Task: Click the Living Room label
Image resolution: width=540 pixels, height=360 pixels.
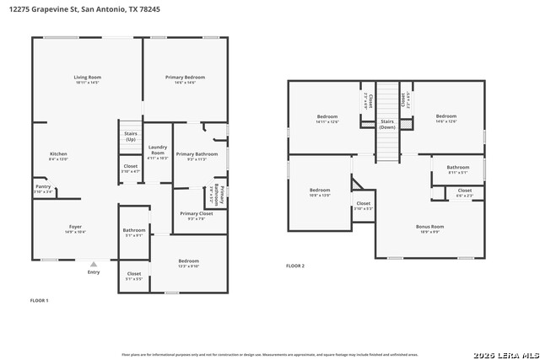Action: [x=87, y=78]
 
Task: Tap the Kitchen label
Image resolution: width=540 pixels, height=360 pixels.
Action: [x=58, y=154]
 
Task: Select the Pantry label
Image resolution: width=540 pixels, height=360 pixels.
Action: [x=42, y=187]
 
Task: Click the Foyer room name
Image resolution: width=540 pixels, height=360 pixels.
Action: [x=75, y=227]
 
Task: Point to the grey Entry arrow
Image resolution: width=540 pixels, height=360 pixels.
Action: [x=93, y=264]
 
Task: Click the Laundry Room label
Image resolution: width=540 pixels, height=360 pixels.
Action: [x=158, y=153]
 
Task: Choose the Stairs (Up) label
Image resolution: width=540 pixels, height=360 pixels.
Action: [x=130, y=136]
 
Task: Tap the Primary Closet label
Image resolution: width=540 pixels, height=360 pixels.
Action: [x=197, y=214]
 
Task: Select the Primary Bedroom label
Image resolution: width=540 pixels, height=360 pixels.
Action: [x=185, y=78]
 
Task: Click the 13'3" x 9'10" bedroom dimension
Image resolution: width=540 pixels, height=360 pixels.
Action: [x=188, y=266]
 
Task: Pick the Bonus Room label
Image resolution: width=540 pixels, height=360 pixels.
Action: [x=429, y=226]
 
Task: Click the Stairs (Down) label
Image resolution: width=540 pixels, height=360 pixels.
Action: [x=387, y=124]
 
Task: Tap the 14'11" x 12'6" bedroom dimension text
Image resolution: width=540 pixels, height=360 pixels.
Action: [x=327, y=122]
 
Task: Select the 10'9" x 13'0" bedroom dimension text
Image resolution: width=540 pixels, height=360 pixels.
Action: [x=320, y=195]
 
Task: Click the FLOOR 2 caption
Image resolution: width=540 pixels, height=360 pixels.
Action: [x=295, y=266]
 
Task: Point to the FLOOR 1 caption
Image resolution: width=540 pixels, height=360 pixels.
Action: [x=40, y=300]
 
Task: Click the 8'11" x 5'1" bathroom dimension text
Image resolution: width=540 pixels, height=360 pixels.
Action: [x=458, y=172]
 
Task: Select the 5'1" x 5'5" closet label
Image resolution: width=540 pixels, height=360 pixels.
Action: [x=134, y=278]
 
